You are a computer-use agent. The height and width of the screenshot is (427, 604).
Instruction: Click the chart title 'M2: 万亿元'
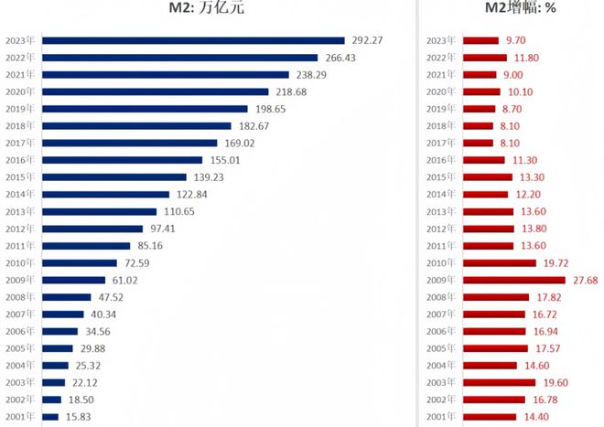coord(207,10)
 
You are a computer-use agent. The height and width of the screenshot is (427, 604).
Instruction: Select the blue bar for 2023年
coord(193,40)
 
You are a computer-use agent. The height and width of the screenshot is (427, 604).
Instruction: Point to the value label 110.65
coord(210,211)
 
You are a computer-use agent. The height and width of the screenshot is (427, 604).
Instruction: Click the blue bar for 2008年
coord(66,297)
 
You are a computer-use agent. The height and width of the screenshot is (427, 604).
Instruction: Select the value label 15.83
coord(80,417)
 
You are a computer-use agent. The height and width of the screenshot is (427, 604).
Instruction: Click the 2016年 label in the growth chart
coord(441,160)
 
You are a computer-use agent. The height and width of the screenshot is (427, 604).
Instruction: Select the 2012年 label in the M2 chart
coord(19,229)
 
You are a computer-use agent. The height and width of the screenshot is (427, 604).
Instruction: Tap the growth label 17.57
coord(549,348)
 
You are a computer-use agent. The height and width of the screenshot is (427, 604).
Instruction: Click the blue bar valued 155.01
coord(122,160)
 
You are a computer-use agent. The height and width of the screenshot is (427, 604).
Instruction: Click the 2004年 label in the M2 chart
coord(19,366)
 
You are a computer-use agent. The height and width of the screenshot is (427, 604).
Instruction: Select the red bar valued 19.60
coord(500,383)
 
